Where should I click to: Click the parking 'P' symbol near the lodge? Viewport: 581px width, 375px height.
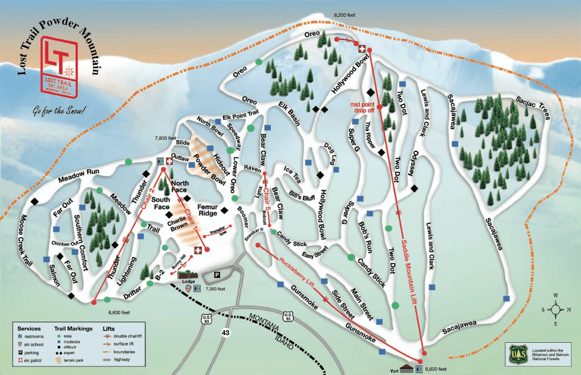coord(217,275)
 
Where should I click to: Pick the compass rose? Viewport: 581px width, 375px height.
coord(555,309)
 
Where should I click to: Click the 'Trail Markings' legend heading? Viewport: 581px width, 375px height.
coord(73,328)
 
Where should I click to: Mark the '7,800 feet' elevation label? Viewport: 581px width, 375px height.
coord(164,138)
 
